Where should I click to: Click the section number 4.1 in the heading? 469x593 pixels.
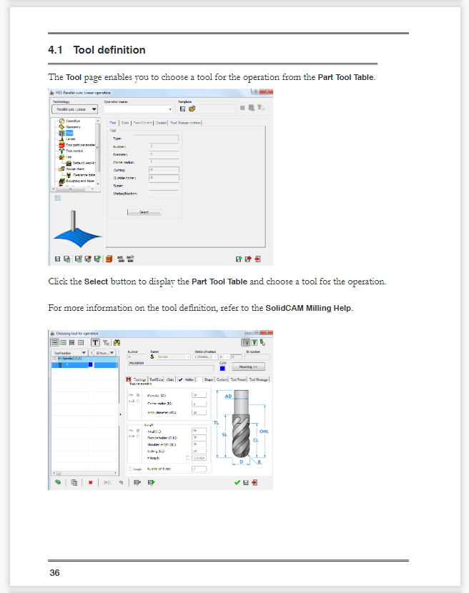pos(56,50)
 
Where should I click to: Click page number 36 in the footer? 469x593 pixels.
pos(54,573)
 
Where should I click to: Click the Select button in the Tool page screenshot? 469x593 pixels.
pos(144,212)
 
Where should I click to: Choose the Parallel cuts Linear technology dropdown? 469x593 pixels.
pos(75,109)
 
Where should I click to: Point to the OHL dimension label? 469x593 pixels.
pos(264,432)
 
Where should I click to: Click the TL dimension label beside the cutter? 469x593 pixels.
pos(216,422)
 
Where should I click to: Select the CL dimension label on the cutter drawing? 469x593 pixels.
pos(256,441)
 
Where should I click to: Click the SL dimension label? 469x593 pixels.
pos(224,434)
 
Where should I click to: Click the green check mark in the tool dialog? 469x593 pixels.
pos(237,483)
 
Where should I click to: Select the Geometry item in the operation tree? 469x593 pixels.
pos(74,126)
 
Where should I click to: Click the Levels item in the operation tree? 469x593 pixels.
pos(71,139)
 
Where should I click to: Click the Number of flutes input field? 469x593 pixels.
pos(199,469)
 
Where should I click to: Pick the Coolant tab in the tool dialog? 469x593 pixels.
pos(222,380)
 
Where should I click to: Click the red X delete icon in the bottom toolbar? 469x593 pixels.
pos(91,483)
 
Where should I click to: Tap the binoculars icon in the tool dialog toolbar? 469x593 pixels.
pos(117,343)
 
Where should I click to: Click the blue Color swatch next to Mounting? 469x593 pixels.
pos(222,368)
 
